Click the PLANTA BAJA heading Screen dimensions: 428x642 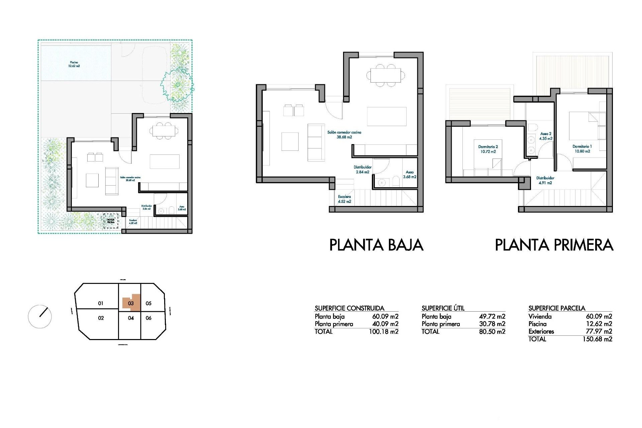(376, 245)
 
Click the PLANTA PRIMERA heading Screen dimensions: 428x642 (554, 245)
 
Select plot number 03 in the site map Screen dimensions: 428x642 (131, 303)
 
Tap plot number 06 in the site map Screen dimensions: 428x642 (149, 318)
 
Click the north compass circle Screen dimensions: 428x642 (40, 316)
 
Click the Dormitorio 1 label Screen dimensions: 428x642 (582, 149)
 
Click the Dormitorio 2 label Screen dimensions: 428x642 (488, 149)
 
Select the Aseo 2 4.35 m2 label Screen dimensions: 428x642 (546, 136)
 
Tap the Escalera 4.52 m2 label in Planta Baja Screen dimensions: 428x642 (344, 199)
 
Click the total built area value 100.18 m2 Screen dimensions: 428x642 (384, 332)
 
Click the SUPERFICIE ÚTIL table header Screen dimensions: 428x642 (443, 308)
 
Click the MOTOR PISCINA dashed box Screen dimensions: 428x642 (111, 221)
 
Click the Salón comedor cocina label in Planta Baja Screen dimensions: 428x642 (344, 134)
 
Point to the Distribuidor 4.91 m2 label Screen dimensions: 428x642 (545, 181)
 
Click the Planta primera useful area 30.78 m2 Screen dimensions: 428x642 (492, 324)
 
